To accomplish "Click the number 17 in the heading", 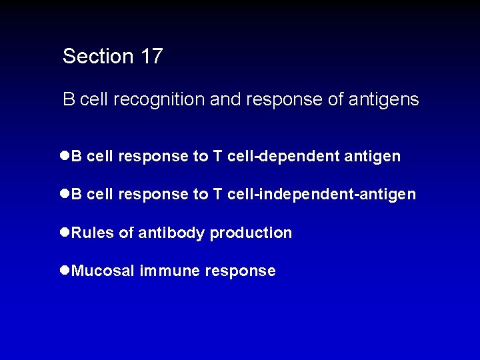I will [151, 57].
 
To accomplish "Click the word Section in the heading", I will [98, 57].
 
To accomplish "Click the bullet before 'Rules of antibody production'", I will [65, 233].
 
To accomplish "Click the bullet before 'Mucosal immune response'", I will [65, 271].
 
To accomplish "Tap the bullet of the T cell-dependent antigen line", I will [65, 156].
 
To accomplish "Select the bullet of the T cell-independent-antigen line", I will [65, 194].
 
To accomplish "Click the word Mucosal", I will [103, 271].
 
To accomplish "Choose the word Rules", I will [93, 233].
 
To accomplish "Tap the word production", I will [251, 233].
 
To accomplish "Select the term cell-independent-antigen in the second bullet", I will [321, 195].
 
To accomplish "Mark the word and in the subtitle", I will [225, 100].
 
